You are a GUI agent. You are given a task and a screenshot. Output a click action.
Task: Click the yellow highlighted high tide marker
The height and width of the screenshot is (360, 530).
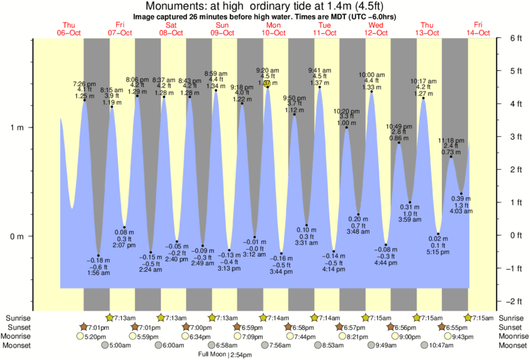click(x=267, y=83)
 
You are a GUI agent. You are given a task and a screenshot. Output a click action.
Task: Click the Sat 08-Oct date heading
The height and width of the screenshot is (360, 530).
click(x=171, y=28)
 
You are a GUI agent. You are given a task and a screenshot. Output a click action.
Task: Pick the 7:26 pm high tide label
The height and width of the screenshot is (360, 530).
click(x=84, y=83)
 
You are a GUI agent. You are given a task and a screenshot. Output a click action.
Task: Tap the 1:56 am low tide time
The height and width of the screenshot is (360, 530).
click(x=98, y=273)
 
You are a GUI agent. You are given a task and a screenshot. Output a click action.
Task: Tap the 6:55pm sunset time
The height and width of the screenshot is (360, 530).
click(x=456, y=327)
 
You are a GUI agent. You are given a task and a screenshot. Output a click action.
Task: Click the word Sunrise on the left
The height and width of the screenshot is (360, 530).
click(x=19, y=318)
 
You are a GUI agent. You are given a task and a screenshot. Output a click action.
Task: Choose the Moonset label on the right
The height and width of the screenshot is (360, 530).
click(x=511, y=345)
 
